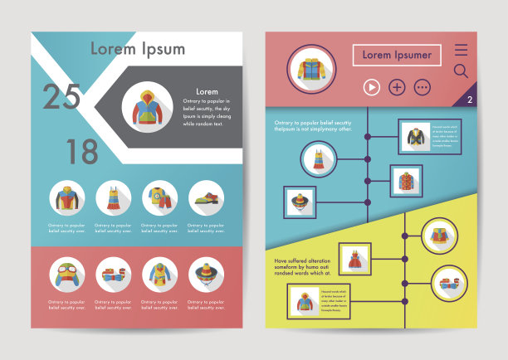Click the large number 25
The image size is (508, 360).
click(62, 97)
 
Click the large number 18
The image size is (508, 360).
click(82, 151)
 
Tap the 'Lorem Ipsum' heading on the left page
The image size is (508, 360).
click(138, 48)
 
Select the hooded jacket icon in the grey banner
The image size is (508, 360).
click(147, 109)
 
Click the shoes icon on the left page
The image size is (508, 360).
click(206, 199)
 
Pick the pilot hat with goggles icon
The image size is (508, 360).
click(66, 275)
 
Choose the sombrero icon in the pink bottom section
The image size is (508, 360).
click(206, 275)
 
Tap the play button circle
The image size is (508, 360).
click(371, 86)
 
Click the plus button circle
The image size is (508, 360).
click(397, 86)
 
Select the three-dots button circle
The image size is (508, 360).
click(423, 86)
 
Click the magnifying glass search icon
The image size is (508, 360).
click(461, 72)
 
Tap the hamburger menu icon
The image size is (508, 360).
click(462, 50)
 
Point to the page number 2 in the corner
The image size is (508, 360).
click(470, 100)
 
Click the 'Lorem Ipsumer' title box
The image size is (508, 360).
click(397, 56)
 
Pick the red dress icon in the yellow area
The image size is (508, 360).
click(354, 259)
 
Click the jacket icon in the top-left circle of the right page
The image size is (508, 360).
click(310, 67)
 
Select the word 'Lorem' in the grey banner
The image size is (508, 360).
click(207, 91)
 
